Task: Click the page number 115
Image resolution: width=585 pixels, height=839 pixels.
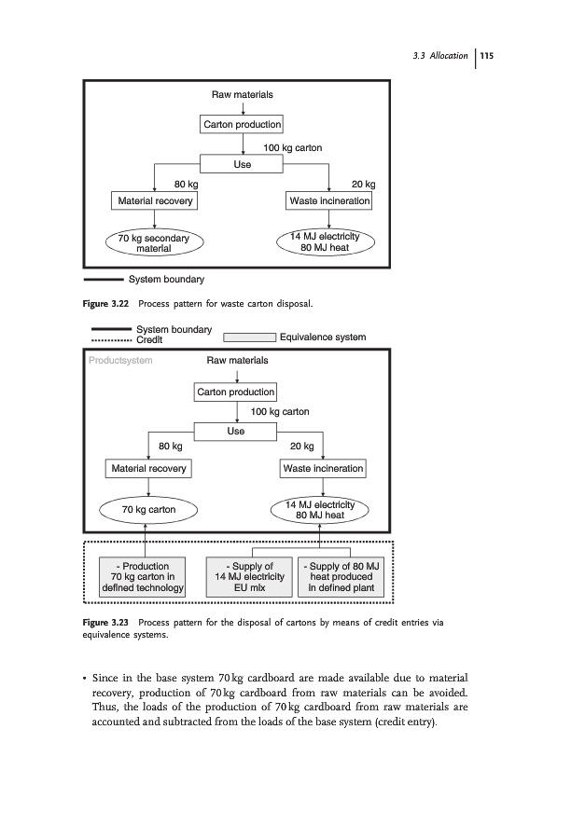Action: (486, 57)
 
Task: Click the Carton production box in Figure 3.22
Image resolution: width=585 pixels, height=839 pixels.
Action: (242, 125)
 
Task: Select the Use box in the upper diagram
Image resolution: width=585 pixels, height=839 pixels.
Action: (242, 165)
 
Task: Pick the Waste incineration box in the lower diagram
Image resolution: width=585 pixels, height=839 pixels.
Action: (323, 468)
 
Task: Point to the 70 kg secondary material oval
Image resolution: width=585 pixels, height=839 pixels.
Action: (155, 243)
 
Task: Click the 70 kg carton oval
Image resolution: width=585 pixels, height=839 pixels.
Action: (149, 510)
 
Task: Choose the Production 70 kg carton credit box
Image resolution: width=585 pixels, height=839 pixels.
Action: (141, 577)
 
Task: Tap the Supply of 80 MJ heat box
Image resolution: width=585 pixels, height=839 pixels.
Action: (341, 577)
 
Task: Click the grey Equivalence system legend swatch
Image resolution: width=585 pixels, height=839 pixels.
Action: (237, 337)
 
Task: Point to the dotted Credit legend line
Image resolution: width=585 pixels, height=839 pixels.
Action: (110, 339)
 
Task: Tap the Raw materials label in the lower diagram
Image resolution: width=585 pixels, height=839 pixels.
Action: (237, 360)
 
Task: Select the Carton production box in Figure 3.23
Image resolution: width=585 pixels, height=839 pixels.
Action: (236, 392)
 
